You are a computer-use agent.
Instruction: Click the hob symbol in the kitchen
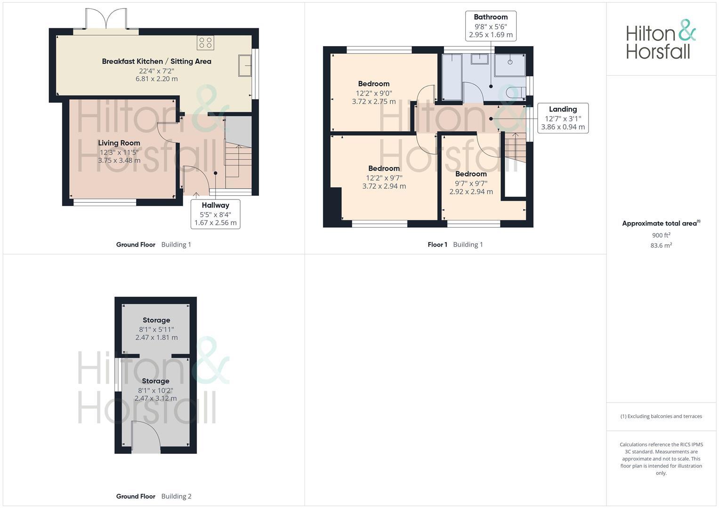pos(205,43)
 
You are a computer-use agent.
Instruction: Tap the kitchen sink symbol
pos(245,65)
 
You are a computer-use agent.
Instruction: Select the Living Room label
pos(119,143)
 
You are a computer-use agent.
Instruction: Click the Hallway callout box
pos(215,214)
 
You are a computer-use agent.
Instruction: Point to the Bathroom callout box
pos(491,26)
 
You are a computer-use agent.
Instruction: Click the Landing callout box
pos(563,118)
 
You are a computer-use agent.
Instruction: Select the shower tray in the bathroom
pos(510,65)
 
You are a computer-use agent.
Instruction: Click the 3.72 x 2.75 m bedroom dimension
pos(374,102)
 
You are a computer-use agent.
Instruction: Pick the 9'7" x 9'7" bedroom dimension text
pos(471,183)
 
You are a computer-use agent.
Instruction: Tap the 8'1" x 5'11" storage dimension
pos(156,329)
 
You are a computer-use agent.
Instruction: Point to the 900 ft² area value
pos(661,235)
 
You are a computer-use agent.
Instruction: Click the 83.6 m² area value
pos(661,246)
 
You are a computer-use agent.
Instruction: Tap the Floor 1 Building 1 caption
pos(455,245)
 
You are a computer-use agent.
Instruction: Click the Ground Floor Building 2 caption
pos(154,496)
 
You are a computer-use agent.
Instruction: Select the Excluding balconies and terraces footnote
pos(661,416)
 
